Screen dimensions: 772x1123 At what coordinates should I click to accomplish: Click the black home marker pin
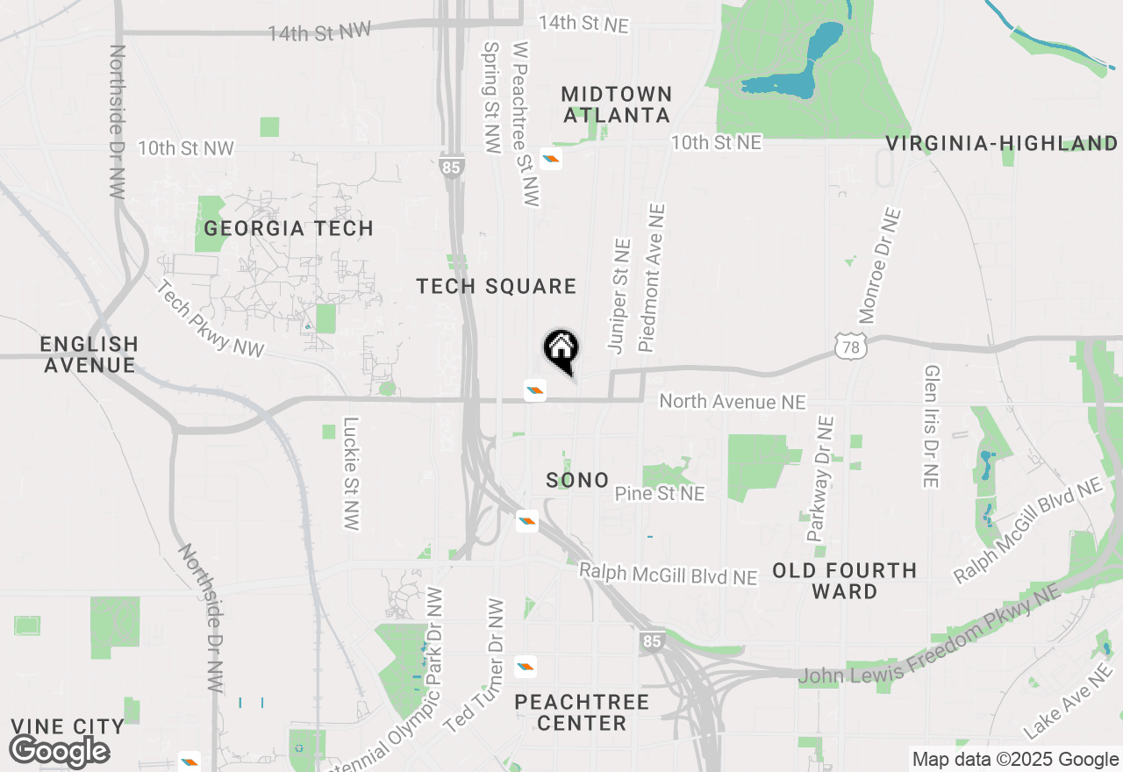coord(561,350)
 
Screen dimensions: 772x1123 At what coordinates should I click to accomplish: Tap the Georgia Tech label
coord(289,229)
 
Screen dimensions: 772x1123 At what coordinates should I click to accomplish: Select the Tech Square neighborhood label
coord(496,286)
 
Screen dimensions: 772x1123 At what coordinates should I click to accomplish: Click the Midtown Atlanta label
coord(617,104)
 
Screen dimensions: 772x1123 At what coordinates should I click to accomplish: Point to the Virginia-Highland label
coord(1002,144)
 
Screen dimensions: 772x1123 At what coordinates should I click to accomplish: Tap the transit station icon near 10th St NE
coord(551,159)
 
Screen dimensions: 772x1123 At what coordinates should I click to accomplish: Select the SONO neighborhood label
coord(577,480)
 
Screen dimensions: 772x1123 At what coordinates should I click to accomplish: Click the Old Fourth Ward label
coord(844,581)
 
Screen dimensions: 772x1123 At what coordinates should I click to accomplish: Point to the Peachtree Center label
coord(582,712)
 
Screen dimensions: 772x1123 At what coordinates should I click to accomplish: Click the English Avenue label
coord(89,354)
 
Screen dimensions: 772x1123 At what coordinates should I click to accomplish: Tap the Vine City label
coord(68,726)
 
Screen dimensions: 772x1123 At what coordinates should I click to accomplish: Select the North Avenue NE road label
coord(732,402)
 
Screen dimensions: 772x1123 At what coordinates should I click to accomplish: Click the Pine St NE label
coord(659,494)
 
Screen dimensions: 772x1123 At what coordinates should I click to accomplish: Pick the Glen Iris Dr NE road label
coord(932,426)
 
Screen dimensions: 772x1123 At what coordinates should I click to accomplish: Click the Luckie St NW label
coord(351,473)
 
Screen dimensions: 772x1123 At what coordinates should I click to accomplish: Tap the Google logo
coord(59,752)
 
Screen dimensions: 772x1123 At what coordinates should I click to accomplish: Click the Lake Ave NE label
coord(1067,701)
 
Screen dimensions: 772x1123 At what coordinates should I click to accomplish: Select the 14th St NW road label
coord(319,32)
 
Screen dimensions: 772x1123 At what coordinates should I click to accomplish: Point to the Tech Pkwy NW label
coord(211,319)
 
